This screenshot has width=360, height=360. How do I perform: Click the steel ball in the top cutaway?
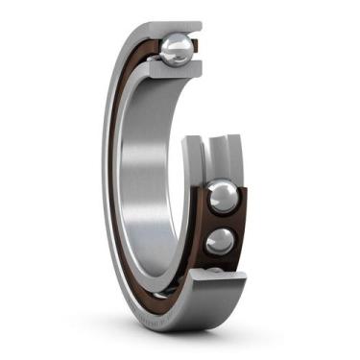[x=177, y=51]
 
